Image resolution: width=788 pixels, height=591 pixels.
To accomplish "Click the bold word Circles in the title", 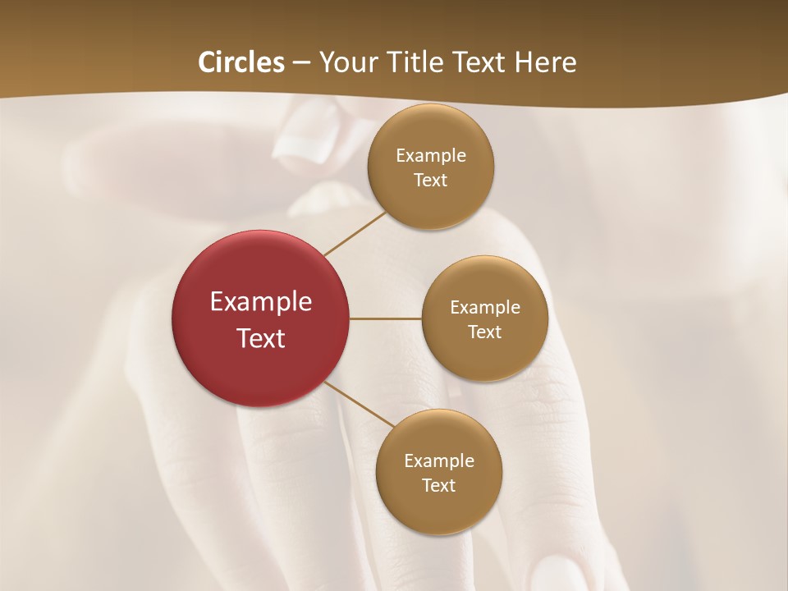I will pos(241,62).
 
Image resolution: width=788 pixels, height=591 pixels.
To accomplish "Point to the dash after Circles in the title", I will pos(301,63).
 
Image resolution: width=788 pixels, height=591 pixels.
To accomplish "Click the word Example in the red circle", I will pos(261,302).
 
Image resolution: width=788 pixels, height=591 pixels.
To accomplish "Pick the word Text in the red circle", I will pos(261,338).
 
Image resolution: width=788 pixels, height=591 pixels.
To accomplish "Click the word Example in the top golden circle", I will pos(431,156).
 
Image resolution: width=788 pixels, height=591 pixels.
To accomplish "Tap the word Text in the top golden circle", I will pos(431,181).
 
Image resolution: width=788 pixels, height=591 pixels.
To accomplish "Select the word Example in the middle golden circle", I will pos(485,308).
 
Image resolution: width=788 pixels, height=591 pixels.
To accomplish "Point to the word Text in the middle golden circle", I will pos(485,332).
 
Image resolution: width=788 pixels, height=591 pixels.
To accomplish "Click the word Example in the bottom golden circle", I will pos(439,461).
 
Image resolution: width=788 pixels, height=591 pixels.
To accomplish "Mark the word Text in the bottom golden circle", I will pos(439,486).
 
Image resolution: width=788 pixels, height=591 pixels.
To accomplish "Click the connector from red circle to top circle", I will pos(355,233).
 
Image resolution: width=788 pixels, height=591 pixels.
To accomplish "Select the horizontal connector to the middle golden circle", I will pos(386,318).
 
